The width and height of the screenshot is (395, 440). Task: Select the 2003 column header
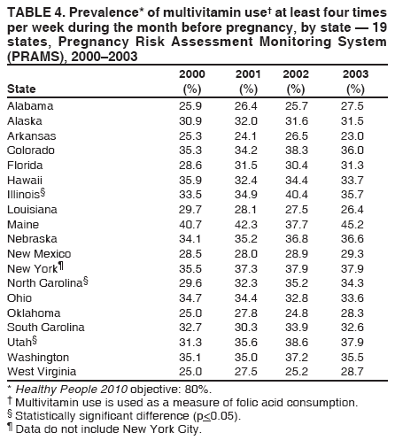[x=355, y=74]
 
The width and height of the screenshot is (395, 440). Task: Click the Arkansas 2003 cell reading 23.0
[x=355, y=135]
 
